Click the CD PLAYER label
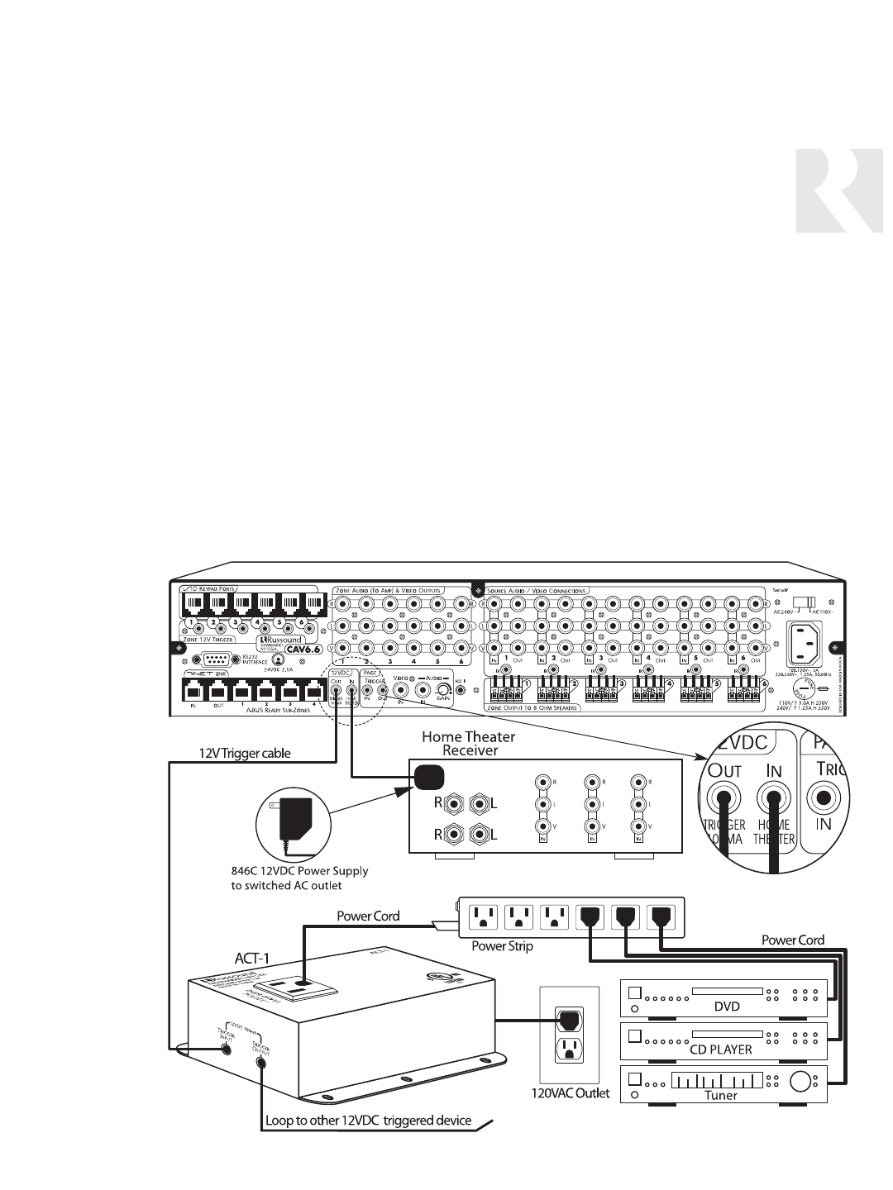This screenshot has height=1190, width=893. click(721, 1050)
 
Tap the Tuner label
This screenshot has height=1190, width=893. click(720, 1095)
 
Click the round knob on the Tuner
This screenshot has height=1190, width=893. click(801, 1082)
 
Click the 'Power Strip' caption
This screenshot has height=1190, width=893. click(502, 946)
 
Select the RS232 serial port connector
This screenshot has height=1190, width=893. click(214, 659)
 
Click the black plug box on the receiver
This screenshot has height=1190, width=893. click(429, 777)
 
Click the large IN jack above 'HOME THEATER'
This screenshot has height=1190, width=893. click(774, 798)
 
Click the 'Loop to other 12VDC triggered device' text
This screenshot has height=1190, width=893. click(368, 1121)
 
